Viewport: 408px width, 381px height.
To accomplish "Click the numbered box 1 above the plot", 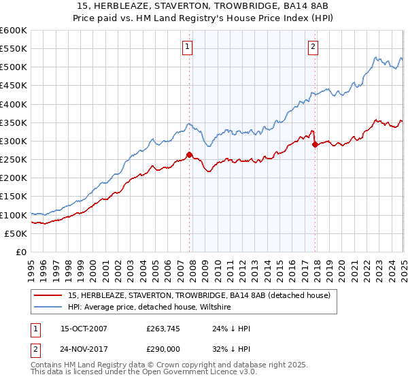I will click(x=187, y=47).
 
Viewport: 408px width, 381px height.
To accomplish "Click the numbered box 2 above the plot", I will click(x=313, y=47).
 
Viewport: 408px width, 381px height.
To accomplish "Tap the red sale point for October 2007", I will click(x=189, y=154).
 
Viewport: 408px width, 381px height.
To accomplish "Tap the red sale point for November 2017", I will click(x=315, y=144).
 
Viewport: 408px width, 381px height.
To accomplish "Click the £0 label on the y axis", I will click(x=21, y=252).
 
